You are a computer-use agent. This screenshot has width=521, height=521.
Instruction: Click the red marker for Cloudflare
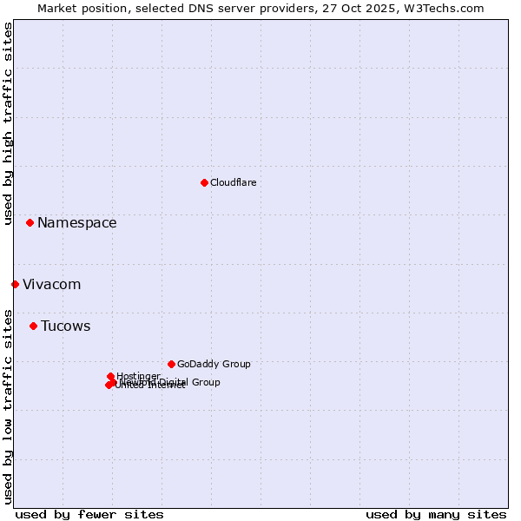pos(204,182)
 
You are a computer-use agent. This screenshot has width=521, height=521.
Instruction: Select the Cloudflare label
pos(233,182)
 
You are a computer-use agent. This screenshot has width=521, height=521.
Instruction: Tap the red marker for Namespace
pos(30,223)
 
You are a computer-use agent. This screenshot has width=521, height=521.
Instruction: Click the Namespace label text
pos(76,223)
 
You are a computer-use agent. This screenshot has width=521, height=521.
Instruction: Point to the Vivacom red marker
pos(15,284)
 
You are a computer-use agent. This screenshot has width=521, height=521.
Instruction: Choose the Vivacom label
pos(51,285)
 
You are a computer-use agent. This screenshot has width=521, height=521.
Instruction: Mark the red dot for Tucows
pos(33,326)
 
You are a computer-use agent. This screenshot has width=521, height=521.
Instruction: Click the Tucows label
pos(65,326)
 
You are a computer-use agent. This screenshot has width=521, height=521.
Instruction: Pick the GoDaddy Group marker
pos(171,364)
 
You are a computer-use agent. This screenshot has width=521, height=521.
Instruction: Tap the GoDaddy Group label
pos(214,364)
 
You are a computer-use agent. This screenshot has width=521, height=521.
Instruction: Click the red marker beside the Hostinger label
pos(110,376)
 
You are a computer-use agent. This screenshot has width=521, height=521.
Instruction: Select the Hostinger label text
pos(138,376)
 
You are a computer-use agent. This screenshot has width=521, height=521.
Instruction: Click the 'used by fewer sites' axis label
pos(89,514)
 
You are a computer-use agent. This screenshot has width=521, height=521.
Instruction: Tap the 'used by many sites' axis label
pos(436,514)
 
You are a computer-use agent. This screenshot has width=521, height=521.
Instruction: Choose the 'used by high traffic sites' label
pos(8,123)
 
